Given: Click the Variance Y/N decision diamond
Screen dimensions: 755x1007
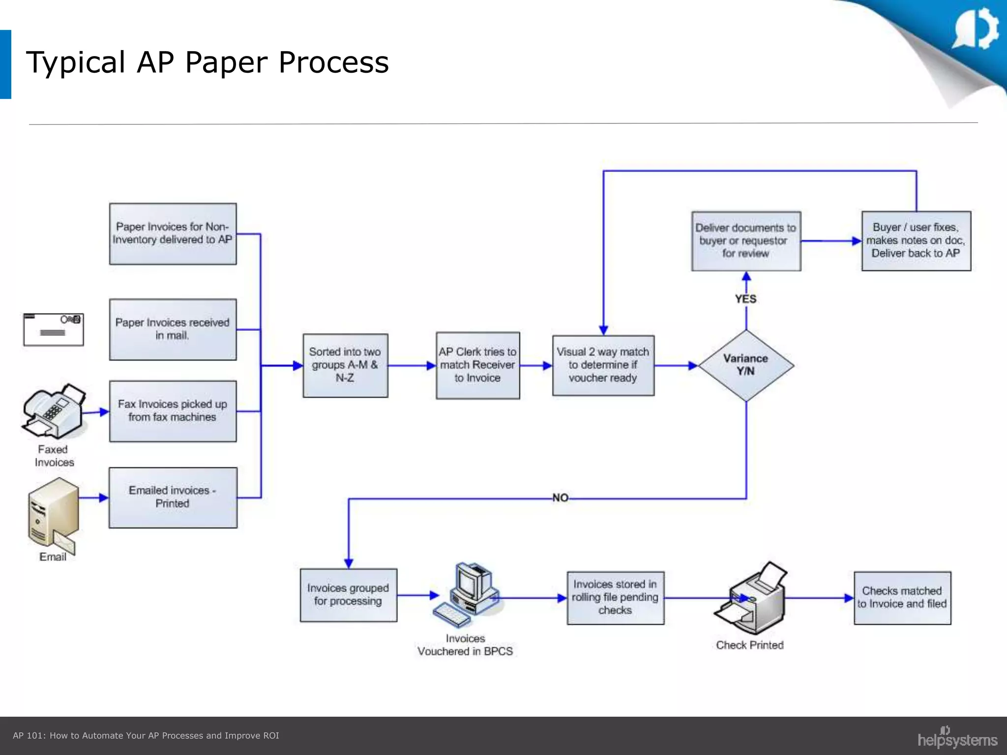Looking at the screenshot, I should [746, 365].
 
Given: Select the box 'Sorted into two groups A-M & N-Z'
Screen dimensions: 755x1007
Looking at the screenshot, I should [345, 365].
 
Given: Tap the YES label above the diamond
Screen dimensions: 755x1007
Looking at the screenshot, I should [745, 299].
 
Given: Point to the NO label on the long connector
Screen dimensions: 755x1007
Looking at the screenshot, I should [560, 497].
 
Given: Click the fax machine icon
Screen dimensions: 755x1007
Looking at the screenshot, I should [53, 411].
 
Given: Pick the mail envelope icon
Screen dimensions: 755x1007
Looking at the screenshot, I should [54, 329].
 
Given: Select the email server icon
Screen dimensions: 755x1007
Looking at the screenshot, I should [52, 516].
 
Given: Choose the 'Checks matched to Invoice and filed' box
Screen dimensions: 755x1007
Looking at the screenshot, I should [902, 598].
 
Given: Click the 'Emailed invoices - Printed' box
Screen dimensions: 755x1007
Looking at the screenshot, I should [173, 497].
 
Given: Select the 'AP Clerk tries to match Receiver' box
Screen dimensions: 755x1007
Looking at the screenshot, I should [477, 365].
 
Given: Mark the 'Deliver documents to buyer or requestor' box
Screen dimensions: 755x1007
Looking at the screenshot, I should [746, 241].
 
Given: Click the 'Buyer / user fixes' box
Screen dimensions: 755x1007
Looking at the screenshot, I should [916, 241].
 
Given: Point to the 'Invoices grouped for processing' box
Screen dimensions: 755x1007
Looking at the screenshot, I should [348, 595].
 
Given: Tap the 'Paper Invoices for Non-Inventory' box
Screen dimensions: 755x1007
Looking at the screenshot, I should [173, 234].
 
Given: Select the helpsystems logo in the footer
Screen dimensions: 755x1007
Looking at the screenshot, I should [957, 738].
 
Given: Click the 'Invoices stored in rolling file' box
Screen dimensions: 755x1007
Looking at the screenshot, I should [615, 598].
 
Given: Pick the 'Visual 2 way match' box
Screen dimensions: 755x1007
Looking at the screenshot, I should [603, 365].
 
